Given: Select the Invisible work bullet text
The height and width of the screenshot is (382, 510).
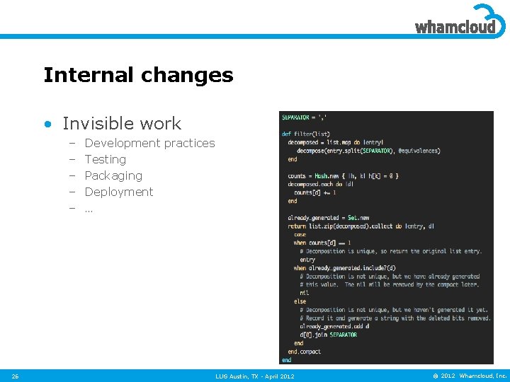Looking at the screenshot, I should coord(122,124).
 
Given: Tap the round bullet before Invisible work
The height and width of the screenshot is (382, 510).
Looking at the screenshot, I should coord(47,125).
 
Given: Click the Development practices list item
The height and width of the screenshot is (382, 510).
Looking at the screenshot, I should coord(149,143).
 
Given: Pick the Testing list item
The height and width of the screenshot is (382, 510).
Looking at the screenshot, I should coord(105,159).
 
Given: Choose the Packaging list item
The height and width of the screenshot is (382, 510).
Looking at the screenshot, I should coord(113,175).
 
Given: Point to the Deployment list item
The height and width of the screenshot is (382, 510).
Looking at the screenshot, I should coord(118,192).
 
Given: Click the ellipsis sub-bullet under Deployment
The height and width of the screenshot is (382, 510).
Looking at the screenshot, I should coord(89,209).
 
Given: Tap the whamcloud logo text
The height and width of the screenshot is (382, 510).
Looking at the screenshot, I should coord(455,28).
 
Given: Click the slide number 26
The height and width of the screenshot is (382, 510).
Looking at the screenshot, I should coord(16,376).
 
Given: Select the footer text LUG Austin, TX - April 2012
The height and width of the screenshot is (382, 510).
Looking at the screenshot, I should coord(255,376).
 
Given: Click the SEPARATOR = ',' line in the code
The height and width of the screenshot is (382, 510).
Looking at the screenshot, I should coord(304,117).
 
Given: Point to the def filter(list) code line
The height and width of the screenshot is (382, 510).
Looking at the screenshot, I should coord(306,134).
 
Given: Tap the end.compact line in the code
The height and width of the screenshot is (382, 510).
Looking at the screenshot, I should coord(304,352).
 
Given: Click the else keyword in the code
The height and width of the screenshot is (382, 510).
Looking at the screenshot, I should coord(300,301).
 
